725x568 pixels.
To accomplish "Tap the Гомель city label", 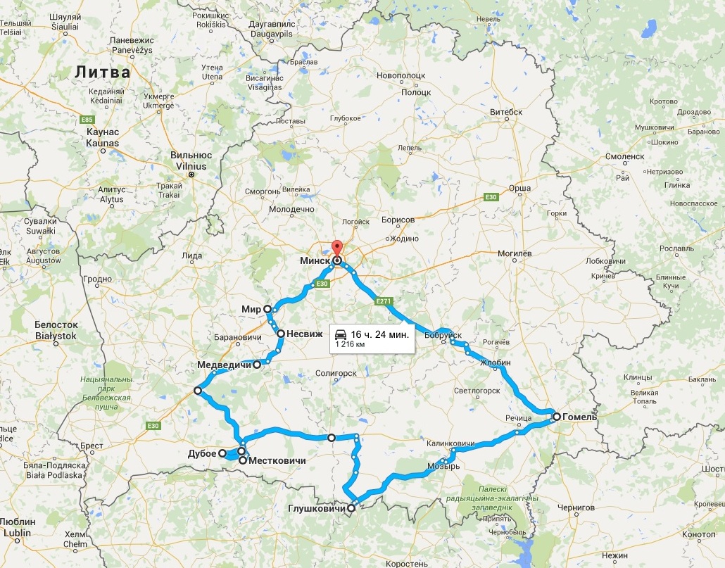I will pyautogui.click(x=579, y=417).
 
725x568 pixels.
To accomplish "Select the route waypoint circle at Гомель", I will pyautogui.click(x=556, y=417).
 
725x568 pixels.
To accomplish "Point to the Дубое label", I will pyautogui.click(x=203, y=453).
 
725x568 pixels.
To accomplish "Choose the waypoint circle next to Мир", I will pyautogui.click(x=267, y=309).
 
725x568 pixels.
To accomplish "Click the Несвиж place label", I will pyautogui.click(x=300, y=334).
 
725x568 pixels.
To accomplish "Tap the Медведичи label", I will pyautogui.click(x=223, y=365).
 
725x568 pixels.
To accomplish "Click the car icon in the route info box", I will pyautogui.click(x=340, y=334).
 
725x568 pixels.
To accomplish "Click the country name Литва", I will pyautogui.click(x=103, y=72).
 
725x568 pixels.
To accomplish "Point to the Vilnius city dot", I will pyautogui.click(x=190, y=174).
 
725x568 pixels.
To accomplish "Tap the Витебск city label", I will pyautogui.click(x=506, y=112).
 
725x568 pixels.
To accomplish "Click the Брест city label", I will pyautogui.click(x=92, y=446).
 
